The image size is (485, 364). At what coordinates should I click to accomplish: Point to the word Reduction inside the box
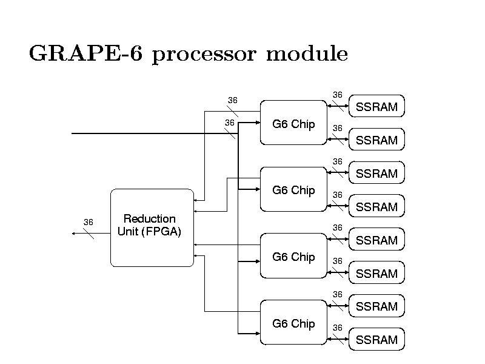pos(149,218)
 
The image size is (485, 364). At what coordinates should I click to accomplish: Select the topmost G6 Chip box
pos(293,123)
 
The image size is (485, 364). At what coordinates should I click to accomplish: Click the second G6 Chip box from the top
pos(293,190)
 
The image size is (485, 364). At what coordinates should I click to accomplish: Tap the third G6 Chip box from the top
pos(293,257)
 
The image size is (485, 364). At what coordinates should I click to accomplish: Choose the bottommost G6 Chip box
pos(293,323)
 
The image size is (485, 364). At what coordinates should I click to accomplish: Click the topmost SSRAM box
pos(376,107)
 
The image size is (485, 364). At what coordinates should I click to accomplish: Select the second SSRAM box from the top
pos(376,140)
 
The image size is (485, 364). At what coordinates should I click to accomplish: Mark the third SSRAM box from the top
pos(376,174)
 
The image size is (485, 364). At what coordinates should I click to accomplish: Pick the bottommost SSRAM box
pos(376,340)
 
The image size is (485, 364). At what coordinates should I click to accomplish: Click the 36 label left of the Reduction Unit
pos(88,222)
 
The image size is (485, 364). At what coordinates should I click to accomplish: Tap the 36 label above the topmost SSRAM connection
pos(338,94)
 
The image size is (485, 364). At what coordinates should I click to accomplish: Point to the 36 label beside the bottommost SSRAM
pos(338,328)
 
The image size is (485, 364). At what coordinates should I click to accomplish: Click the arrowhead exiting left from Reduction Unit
pos(74,232)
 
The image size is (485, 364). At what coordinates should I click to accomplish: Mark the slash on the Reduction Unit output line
pos(88,232)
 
